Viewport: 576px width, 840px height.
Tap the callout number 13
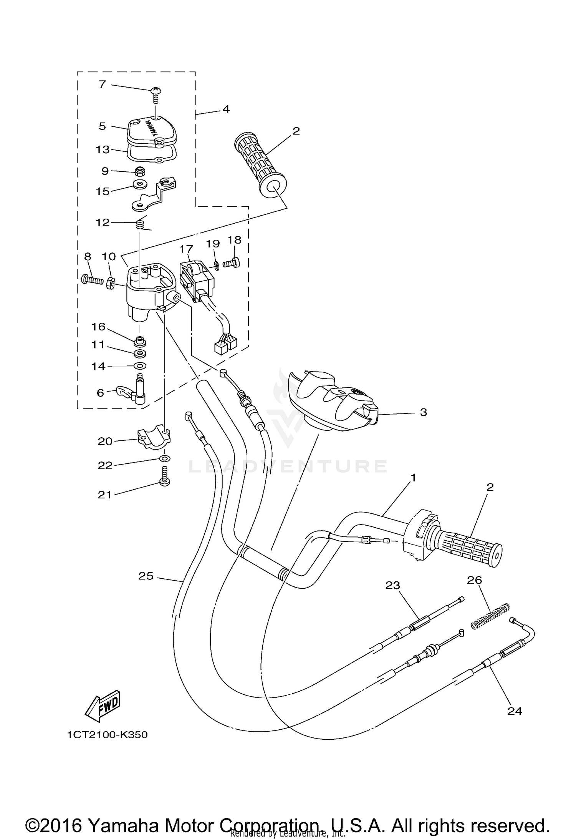(103, 149)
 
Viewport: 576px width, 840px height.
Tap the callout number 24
(515, 711)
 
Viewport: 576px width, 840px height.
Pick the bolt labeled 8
(92, 279)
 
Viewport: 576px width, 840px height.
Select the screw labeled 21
(165, 476)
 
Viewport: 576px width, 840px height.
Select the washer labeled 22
(165, 458)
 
